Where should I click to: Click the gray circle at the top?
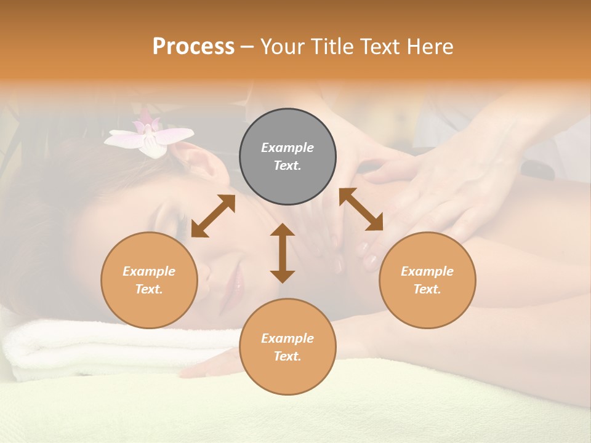[287, 157]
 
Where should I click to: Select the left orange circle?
[149, 280]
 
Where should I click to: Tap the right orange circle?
[427, 280]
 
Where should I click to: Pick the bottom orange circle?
[287, 346]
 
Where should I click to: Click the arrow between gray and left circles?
[213, 216]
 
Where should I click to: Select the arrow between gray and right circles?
[361, 209]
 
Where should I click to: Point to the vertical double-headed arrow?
[283, 253]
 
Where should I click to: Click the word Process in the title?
[193, 47]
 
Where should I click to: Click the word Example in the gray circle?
[287, 148]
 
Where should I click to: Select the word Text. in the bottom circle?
[287, 356]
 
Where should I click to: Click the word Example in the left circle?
[149, 271]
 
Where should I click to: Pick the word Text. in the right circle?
[427, 289]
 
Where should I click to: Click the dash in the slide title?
[247, 47]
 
